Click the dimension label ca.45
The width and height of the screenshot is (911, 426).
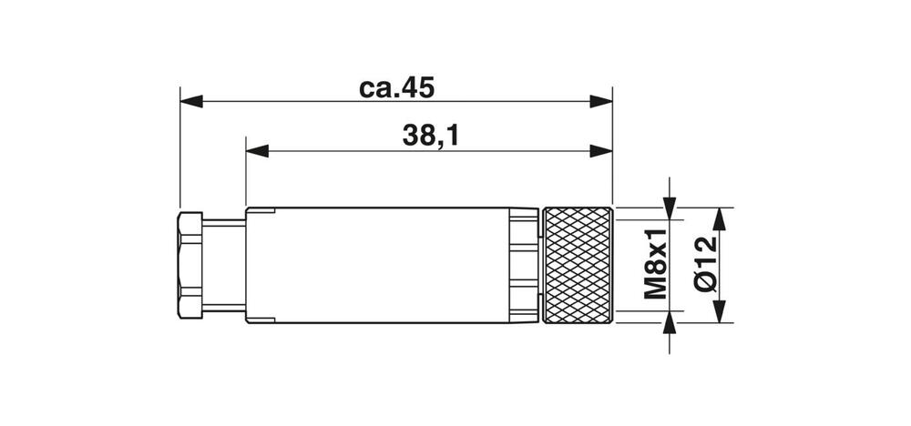tap(396, 88)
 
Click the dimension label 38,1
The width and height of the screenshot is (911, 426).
tap(429, 137)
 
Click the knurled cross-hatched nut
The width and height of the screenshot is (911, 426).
tap(578, 265)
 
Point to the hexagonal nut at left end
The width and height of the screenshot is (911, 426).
tap(189, 265)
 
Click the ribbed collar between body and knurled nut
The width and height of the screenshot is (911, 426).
tap(524, 265)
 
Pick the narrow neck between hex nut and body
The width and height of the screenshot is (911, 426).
tap(224, 265)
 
